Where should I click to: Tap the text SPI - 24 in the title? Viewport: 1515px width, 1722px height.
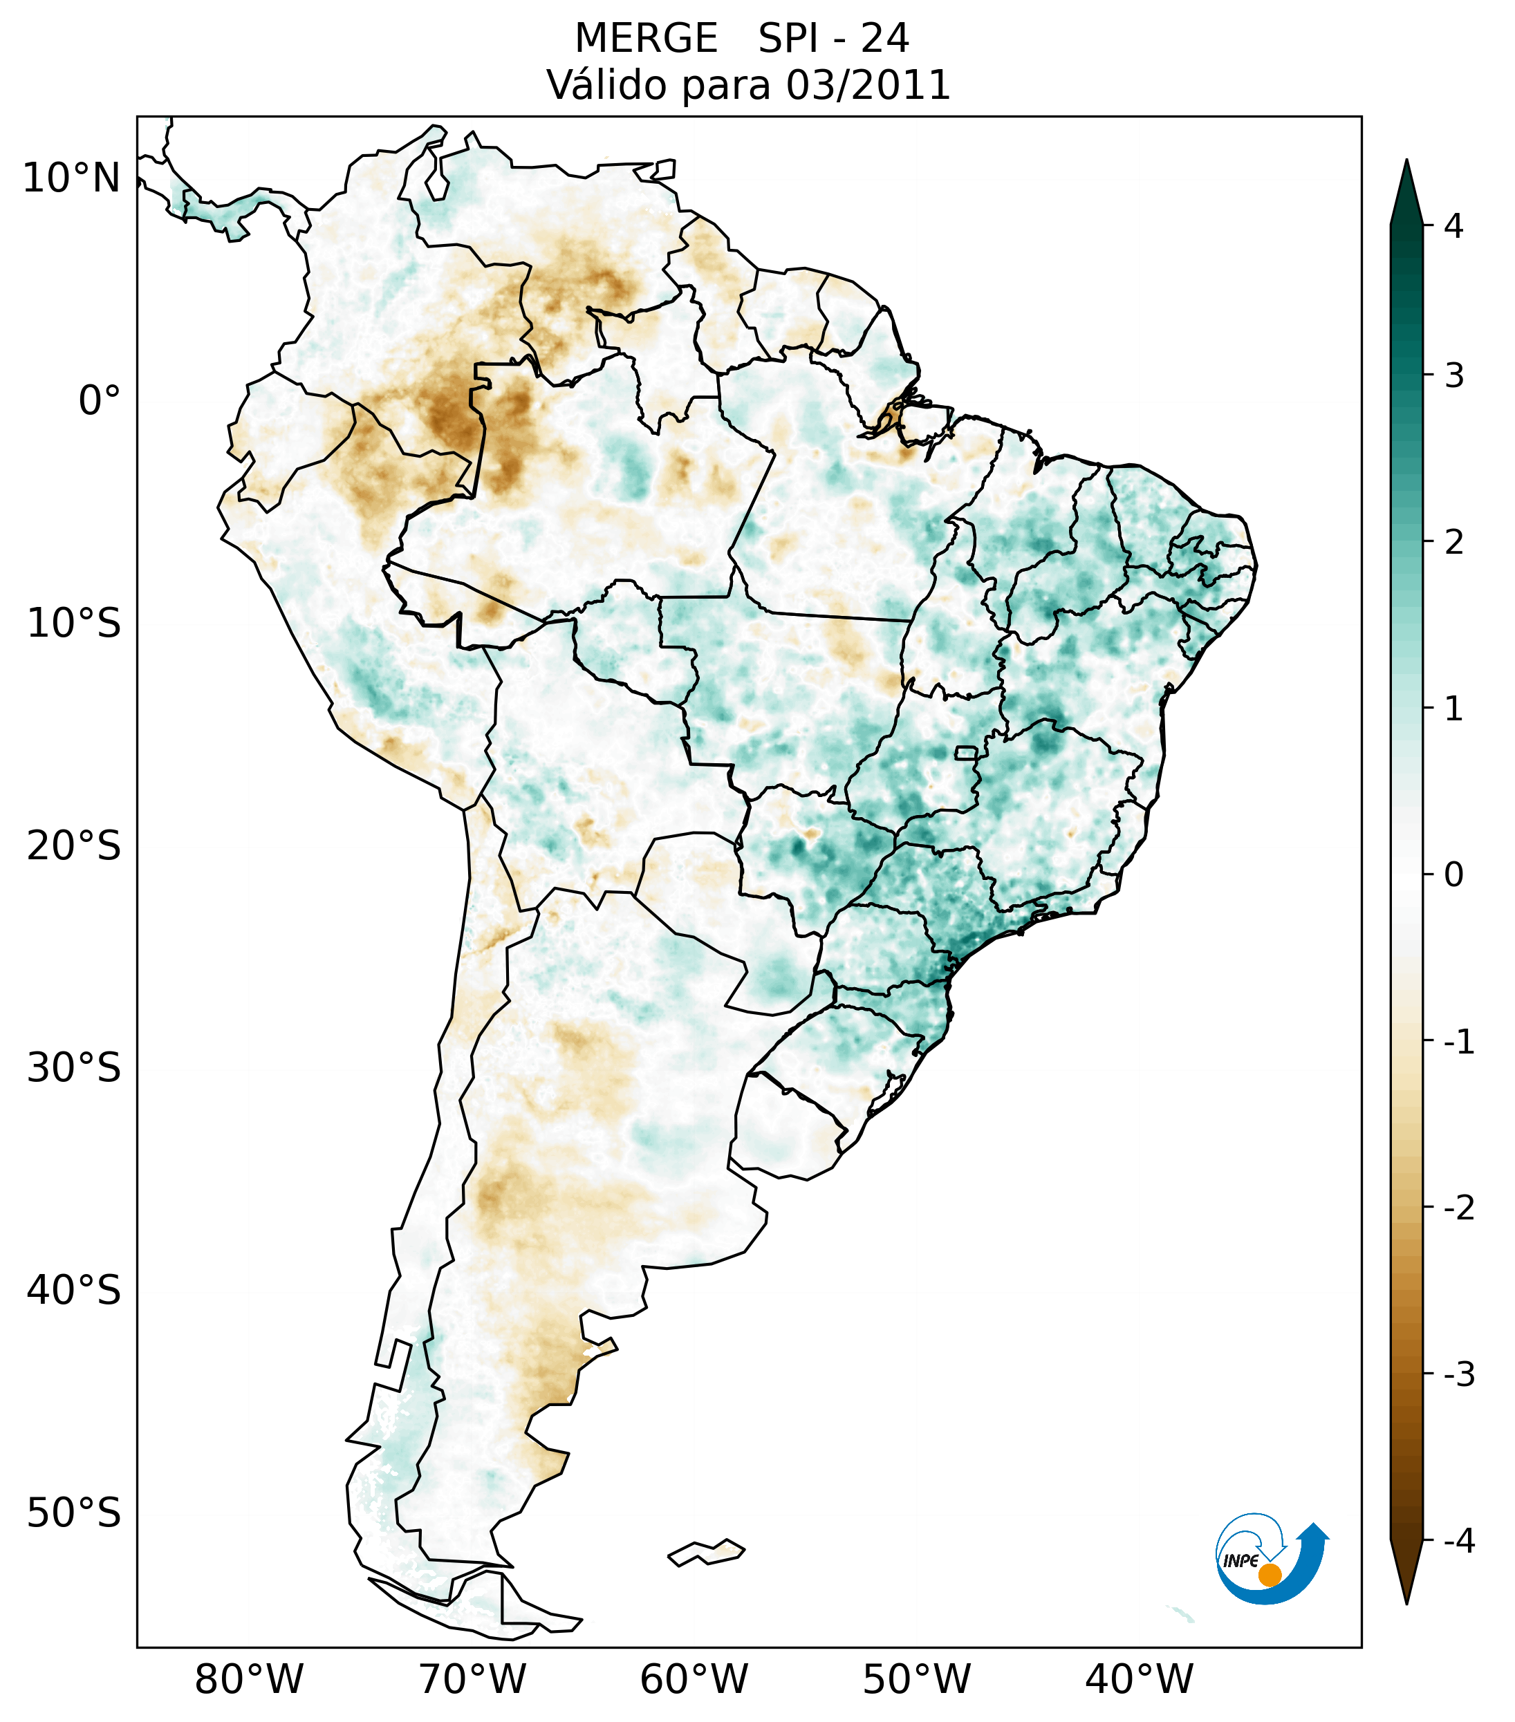coord(833,39)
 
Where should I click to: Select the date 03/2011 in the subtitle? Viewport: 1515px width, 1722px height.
coord(868,85)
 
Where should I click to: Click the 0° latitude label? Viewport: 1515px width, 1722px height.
coord(100,400)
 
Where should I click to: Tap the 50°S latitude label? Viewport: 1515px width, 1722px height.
coord(74,1514)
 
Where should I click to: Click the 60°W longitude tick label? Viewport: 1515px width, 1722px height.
coord(694,1679)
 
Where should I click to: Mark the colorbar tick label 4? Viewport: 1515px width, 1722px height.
coord(1453,226)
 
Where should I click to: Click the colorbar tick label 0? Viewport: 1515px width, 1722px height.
coord(1453,874)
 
